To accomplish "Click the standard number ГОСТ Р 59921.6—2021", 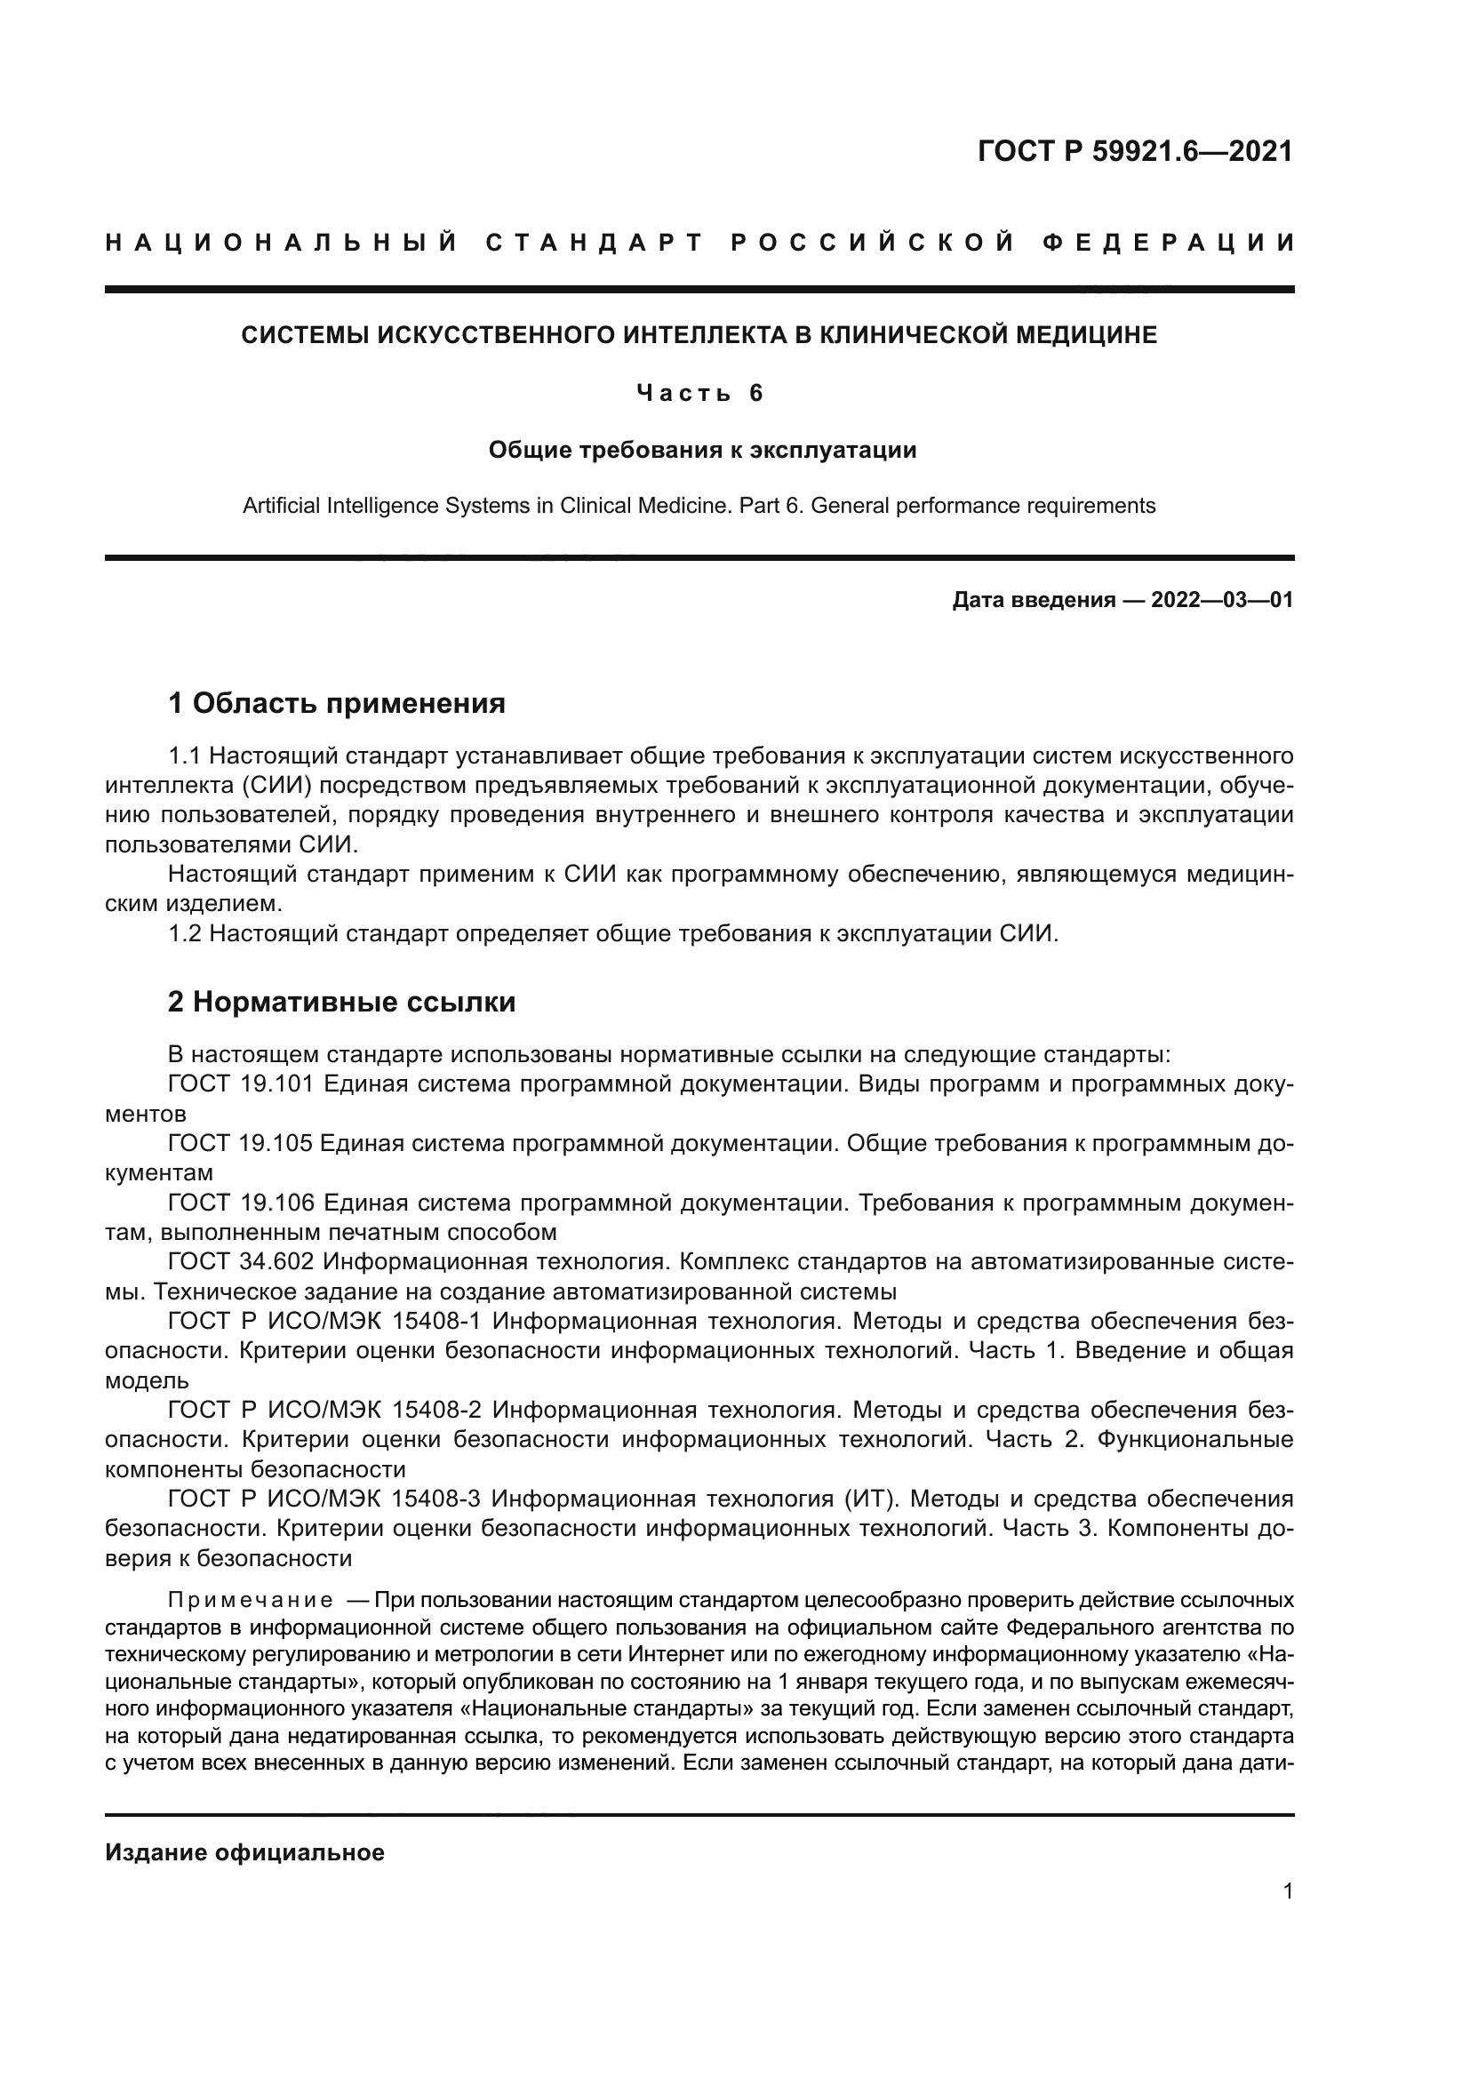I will click(x=1135, y=151).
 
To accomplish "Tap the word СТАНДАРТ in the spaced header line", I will click(x=595, y=243).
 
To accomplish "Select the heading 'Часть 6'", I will click(x=699, y=393).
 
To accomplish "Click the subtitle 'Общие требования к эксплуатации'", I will click(x=702, y=450).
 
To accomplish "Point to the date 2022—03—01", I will click(x=1222, y=599).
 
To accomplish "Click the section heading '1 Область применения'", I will click(x=337, y=703).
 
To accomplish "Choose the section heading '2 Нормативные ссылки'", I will click(x=342, y=1002).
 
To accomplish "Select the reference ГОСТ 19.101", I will click(x=241, y=1083).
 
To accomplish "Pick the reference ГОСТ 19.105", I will click(x=241, y=1144).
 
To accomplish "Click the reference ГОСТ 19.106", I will click(x=241, y=1203).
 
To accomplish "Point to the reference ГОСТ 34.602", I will click(x=241, y=1262).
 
